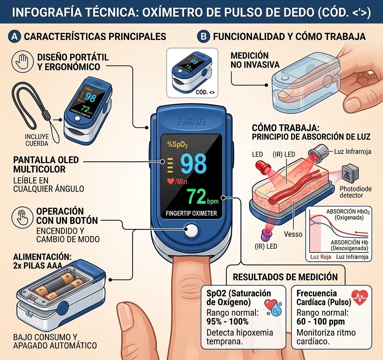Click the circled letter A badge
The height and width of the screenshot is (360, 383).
pyautogui.click(x=14, y=36)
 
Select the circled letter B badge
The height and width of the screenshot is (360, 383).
pyautogui.click(x=204, y=36)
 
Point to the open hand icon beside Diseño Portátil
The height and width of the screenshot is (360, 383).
pyautogui.click(x=23, y=61)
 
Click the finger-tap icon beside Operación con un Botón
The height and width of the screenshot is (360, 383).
pyautogui.click(x=23, y=217)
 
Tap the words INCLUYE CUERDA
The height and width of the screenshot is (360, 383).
pyautogui.click(x=37, y=140)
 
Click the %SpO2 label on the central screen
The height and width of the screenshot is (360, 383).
pyautogui.click(x=177, y=145)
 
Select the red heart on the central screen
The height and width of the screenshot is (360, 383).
pyautogui.click(x=171, y=181)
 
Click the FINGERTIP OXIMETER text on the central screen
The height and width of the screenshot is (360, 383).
pyautogui.click(x=191, y=213)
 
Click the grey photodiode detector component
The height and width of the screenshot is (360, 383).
pyautogui.click(x=350, y=172)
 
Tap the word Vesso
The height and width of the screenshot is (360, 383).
pyautogui.click(x=293, y=234)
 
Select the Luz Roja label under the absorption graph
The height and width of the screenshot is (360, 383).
pyautogui.click(x=321, y=257)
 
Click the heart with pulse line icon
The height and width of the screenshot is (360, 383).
pyautogui.click(x=360, y=297)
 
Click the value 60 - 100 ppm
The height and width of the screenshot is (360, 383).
pyautogui.click(x=320, y=321)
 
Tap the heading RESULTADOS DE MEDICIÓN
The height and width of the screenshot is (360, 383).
pyautogui.click(x=285, y=277)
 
